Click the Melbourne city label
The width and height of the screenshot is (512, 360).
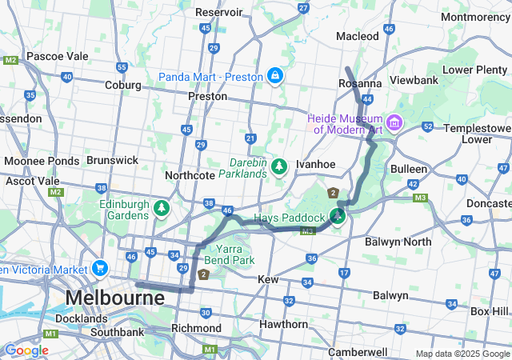click(x=114, y=298)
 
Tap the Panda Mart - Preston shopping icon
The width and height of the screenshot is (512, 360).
click(x=275, y=75)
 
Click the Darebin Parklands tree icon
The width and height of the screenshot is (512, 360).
click(x=278, y=166)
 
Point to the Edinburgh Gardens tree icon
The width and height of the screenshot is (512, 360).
click(x=162, y=209)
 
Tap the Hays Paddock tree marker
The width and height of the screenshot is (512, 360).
click(x=338, y=217)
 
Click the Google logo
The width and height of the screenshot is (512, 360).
click(x=26, y=350)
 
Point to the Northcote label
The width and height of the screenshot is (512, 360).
click(x=189, y=175)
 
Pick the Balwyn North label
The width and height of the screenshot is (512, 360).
click(x=398, y=241)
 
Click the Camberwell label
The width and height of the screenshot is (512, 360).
click(x=358, y=352)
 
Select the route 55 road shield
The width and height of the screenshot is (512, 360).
click(x=122, y=67)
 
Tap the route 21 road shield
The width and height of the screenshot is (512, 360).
click(x=250, y=138)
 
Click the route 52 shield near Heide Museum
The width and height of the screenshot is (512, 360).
click(x=428, y=126)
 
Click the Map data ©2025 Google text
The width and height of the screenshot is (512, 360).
click(x=462, y=354)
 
